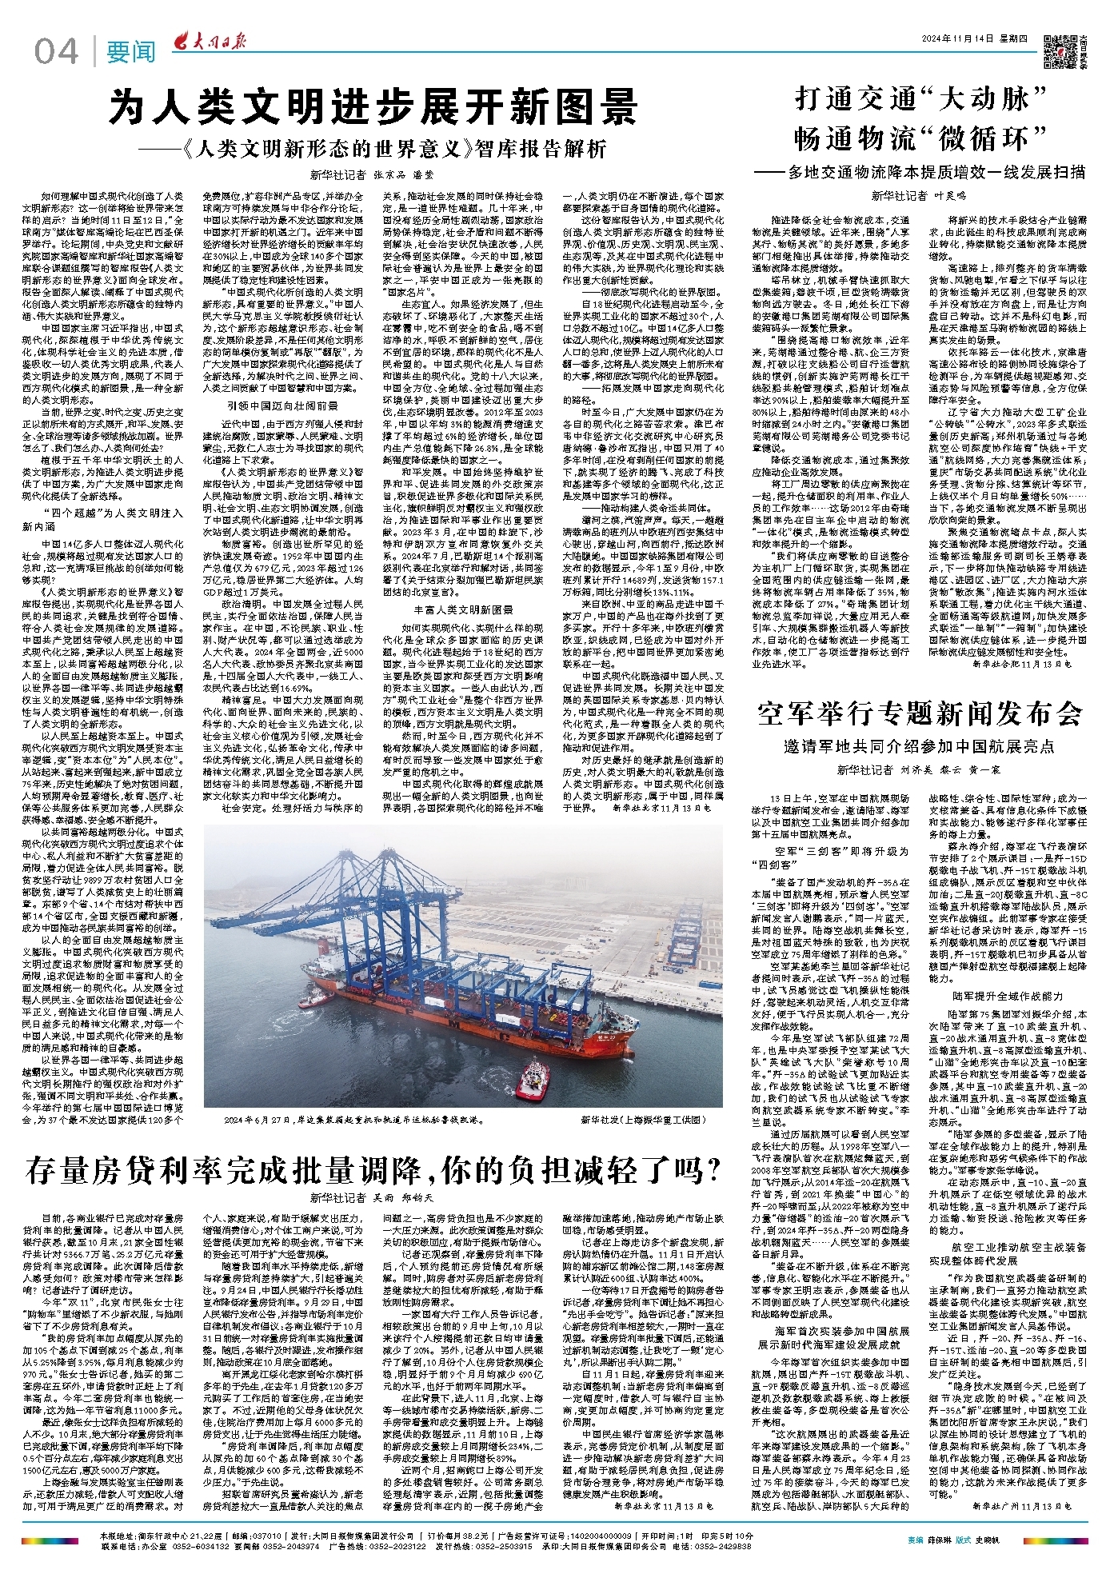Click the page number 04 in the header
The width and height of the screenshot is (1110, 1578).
57,52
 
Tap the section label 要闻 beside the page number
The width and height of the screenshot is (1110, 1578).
131,53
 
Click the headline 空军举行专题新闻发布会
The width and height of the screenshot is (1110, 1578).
920,713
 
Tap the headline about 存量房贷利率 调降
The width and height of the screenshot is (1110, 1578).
373,1171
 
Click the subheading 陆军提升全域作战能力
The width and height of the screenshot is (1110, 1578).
1007,996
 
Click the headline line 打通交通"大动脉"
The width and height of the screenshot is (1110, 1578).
920,99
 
